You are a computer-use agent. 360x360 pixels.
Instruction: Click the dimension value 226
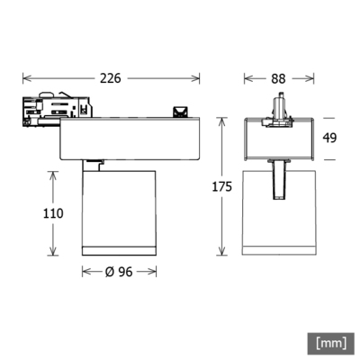point(111,78)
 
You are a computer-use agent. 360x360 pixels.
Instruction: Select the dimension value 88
point(278,78)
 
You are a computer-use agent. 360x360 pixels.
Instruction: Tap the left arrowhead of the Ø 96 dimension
point(85,273)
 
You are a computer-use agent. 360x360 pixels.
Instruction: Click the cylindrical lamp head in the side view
point(116,211)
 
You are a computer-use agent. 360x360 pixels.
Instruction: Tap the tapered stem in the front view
point(279,180)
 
